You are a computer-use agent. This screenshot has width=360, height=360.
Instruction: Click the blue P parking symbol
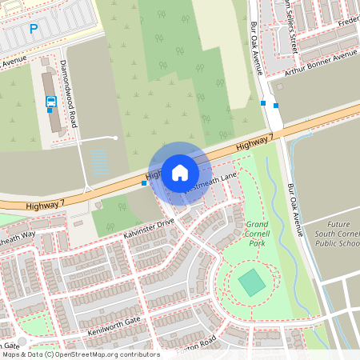tap(34, 29)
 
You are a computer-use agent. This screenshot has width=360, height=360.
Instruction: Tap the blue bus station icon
tap(51, 102)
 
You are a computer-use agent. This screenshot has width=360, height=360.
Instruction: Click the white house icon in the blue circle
tap(180, 172)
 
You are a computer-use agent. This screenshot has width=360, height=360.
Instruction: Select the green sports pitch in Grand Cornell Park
tap(251, 282)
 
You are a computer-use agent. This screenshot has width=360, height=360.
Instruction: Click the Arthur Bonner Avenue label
tap(317, 64)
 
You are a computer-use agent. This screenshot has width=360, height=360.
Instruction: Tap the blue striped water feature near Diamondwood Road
tap(99, 164)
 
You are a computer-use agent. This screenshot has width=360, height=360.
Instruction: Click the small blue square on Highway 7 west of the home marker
tap(144, 183)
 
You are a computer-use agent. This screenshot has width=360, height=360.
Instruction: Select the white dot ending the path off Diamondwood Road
tap(116, 138)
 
